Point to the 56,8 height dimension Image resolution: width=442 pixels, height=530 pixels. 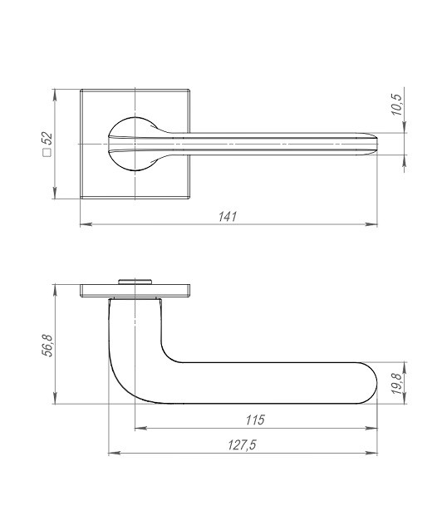coord(47,345)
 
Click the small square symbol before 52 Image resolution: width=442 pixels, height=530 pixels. coord(47,155)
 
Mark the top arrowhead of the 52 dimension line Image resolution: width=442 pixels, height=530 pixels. coord(56,94)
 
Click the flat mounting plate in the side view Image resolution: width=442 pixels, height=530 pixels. coord(174,292)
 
